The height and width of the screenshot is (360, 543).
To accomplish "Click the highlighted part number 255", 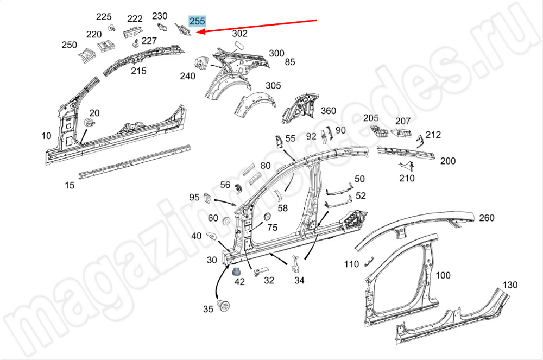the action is pos(197,21).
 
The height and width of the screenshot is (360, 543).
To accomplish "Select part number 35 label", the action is pos(208,309).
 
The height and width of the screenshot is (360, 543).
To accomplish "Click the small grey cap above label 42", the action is pos(237,271).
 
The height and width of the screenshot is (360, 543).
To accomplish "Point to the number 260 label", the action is pos(487,218).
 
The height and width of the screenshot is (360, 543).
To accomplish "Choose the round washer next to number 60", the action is pos(226,220).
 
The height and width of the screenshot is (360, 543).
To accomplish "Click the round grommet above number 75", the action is pos(267,217).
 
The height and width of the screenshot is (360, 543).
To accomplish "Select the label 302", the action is pos(239,33).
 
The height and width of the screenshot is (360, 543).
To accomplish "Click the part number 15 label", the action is pos(70,185).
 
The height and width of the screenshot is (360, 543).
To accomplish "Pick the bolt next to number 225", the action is pos(111,28).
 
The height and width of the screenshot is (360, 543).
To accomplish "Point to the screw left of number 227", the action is pos(136,43).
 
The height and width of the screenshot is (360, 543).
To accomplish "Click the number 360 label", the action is pos(329,111).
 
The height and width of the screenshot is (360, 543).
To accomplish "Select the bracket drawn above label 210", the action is pos(407,166).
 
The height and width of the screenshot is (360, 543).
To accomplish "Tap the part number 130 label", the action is pos(510,285).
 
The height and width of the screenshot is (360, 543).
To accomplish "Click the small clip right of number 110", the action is pos(369,262).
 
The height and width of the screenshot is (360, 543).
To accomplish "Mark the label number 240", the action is pos(188,76).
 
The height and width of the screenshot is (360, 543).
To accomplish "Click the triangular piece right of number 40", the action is pos(211,236).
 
